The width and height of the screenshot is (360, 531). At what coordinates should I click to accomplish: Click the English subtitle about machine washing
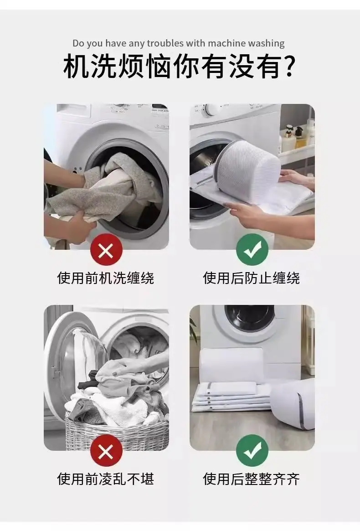(x=179, y=43)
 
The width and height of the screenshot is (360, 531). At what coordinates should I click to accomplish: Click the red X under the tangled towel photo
(x=106, y=251)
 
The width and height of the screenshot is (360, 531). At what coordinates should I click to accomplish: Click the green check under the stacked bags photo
(x=252, y=451)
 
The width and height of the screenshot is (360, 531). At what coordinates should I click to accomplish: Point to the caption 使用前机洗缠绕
(x=106, y=278)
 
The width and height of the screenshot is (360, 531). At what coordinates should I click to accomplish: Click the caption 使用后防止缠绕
(x=252, y=278)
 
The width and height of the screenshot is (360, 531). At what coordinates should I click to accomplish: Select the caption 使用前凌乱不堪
(x=106, y=479)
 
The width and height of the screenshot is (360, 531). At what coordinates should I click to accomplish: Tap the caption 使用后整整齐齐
(x=252, y=479)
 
